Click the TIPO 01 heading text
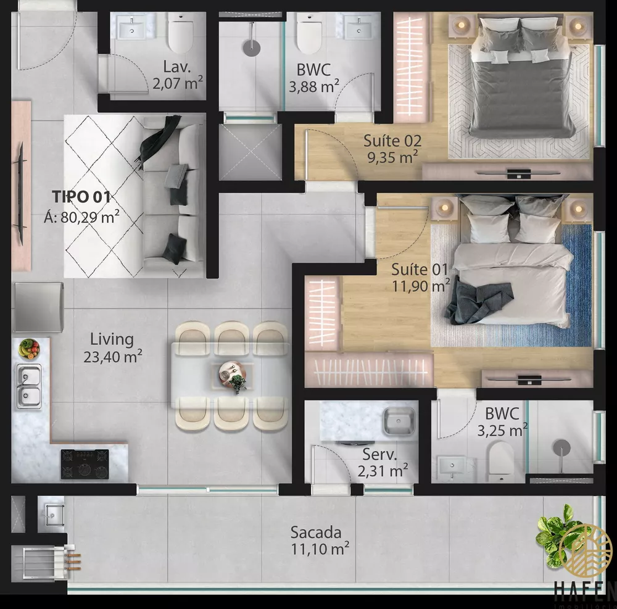pyautogui.click(x=81, y=197)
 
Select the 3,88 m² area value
pyautogui.click(x=314, y=87)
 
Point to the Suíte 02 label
pyautogui.click(x=392, y=141)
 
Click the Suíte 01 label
pyautogui.click(x=419, y=270)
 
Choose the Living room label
pyautogui.click(x=112, y=339)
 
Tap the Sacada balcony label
pyautogui.click(x=315, y=532)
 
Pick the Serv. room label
pyautogui.click(x=379, y=455)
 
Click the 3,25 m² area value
pyautogui.click(x=502, y=429)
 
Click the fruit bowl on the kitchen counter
pyautogui.click(x=28, y=349)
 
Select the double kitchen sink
pyautogui.click(x=28, y=386)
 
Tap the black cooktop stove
pyautogui.click(x=85, y=464)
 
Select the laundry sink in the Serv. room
pyautogui.click(x=399, y=422)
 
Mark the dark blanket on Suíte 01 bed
pyautogui.click(x=478, y=302)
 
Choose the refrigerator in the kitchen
pyautogui.click(x=38, y=307)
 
